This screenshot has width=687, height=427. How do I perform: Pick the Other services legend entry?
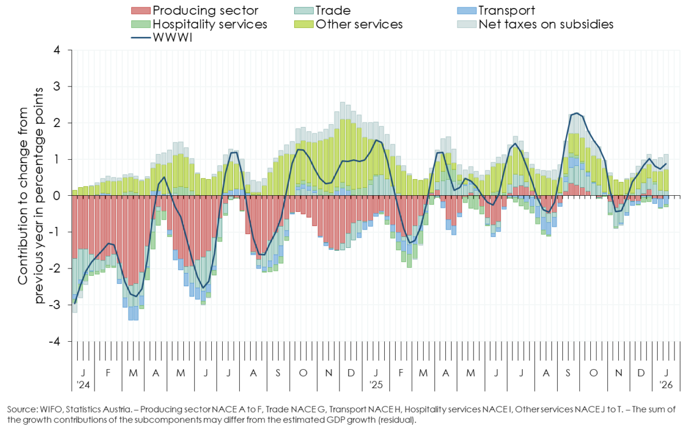358,25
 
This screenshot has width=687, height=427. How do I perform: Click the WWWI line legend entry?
172,39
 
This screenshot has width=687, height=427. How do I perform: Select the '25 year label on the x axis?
375,383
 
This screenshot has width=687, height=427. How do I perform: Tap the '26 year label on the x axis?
665,383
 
